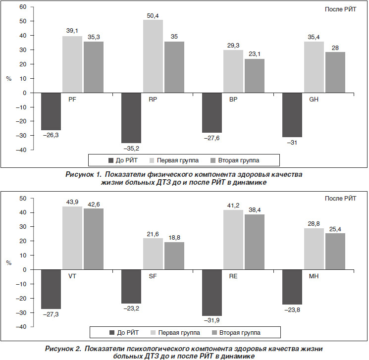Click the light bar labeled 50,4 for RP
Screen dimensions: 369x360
tap(153, 56)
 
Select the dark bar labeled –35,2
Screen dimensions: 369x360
tap(131, 118)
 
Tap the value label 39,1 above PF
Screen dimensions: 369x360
tap(72, 31)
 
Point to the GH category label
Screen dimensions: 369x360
tap(314, 100)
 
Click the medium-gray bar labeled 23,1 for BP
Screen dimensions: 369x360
tap(255, 76)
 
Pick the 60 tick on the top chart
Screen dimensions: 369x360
tap(23, 7)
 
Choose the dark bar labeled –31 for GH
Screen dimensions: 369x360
tap(292, 115)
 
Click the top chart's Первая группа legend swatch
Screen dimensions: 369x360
tap(152, 160)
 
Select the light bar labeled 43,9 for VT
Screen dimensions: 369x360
tap(72, 238)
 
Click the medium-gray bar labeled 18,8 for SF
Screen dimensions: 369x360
tap(174, 256)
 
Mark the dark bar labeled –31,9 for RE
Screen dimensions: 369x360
tap(212, 293)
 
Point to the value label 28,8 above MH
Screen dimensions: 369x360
tap(314, 223)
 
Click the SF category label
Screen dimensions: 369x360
tap(153, 276)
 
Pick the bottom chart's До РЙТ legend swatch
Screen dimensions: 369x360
tap(112, 333)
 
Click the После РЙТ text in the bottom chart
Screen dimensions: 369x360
tap(340, 199)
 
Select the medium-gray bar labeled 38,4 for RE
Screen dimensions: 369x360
tap(255, 242)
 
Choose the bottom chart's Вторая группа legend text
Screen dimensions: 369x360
tap(240, 333)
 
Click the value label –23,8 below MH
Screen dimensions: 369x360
tap(292, 310)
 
